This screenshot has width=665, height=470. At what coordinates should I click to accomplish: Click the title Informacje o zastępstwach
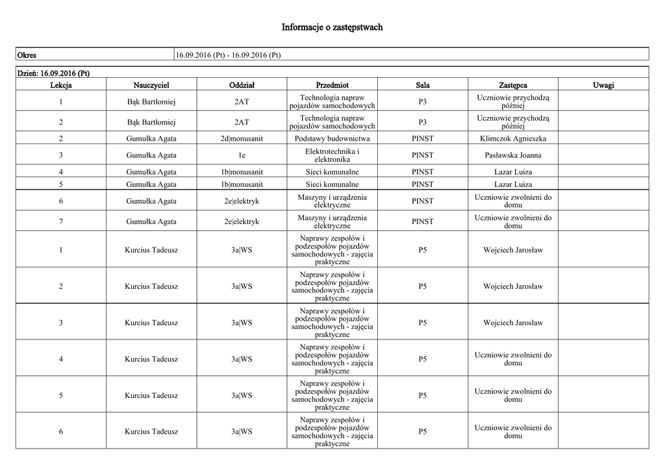[332, 27]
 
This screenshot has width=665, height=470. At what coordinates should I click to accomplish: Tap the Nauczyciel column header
[151, 85]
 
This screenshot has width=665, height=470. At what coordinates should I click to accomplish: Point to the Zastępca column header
[513, 85]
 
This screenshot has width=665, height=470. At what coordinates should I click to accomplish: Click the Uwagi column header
[603, 85]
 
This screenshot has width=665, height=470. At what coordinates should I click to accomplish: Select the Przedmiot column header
[332, 85]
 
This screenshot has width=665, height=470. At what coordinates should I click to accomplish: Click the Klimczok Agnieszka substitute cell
[513, 138]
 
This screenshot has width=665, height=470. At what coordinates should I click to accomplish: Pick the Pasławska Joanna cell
[513, 155]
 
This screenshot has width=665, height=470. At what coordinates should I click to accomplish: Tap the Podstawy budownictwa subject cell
[332, 138]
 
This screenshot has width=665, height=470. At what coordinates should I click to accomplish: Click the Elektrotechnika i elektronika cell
[332, 155]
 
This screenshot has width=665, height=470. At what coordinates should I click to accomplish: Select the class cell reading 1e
[242, 155]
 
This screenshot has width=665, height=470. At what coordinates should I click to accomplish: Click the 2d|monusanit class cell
[242, 138]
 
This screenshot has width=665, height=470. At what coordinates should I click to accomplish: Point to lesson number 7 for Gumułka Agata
[61, 221]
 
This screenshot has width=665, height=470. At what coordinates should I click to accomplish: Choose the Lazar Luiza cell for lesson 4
[513, 172]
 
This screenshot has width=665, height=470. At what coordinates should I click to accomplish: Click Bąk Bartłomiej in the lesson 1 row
[151, 102]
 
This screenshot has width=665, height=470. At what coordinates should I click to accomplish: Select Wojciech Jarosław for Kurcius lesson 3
[513, 323]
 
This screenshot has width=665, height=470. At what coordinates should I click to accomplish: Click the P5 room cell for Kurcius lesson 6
[423, 432]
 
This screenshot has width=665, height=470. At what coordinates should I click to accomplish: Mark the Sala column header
[423, 85]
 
